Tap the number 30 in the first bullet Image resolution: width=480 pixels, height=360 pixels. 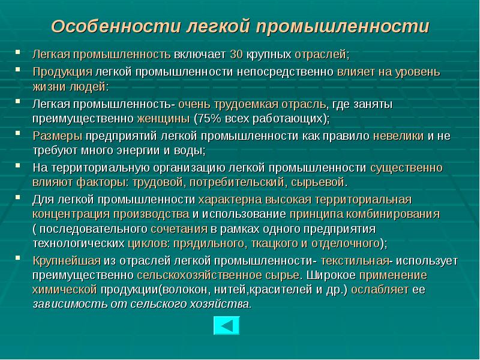click(236, 55)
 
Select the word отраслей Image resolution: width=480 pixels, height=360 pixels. click(320, 55)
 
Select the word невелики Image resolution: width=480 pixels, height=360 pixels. click(398, 136)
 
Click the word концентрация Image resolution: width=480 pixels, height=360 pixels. click(71, 214)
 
